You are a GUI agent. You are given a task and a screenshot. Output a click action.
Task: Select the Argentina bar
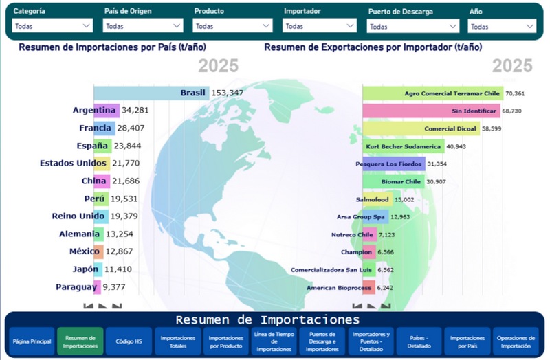click(106, 110)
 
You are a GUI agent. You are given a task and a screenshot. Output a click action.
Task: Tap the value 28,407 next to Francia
click(132, 128)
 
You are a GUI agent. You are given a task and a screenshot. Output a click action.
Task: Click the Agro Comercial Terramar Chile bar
click(433, 93)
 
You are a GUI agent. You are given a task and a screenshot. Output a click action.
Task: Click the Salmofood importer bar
click(377, 199)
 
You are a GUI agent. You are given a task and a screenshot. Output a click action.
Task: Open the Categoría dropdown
click(52, 26)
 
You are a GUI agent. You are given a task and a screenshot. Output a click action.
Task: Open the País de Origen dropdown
click(143, 26)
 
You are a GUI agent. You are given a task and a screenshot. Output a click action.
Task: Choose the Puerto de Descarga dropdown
click(412, 27)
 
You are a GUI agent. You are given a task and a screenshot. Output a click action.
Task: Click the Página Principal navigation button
click(32, 341)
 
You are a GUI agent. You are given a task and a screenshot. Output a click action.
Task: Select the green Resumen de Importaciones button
click(80, 341)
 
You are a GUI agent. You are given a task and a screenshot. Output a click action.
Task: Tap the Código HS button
click(129, 341)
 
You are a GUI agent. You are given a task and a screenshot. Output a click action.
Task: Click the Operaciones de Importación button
click(516, 341)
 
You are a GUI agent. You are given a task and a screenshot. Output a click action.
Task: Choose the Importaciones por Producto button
click(225, 341)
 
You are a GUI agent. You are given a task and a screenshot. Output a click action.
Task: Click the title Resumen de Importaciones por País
click(112, 48)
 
